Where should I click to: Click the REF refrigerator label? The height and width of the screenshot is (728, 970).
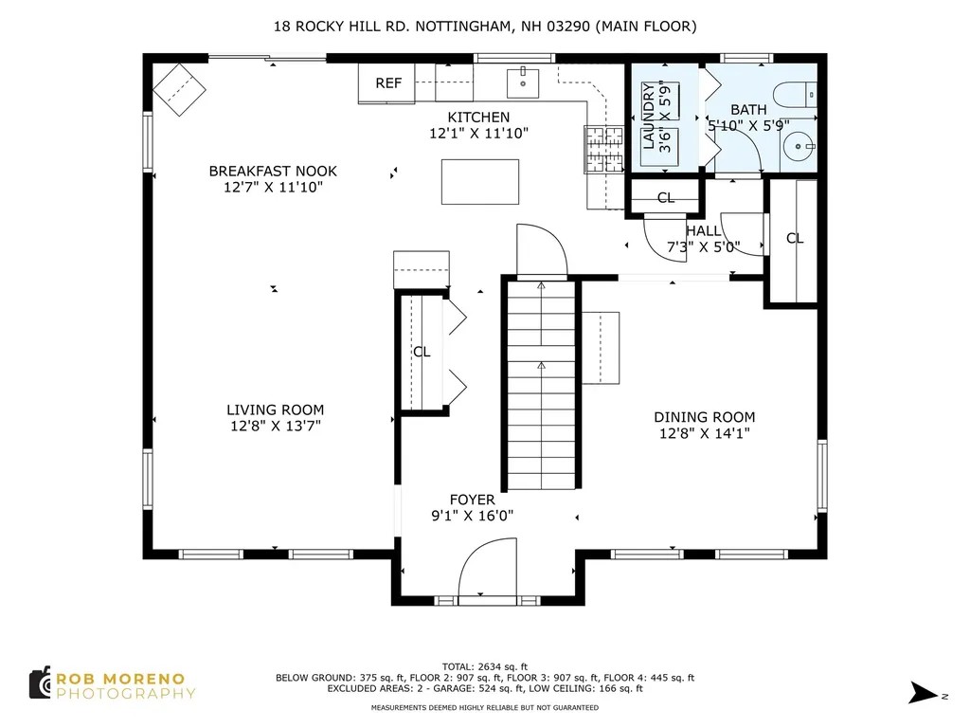(388, 83)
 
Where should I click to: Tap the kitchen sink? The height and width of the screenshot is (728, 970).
(523, 83)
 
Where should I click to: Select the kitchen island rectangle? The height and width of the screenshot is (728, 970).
(480, 181)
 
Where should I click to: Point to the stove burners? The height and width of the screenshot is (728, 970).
(603, 149)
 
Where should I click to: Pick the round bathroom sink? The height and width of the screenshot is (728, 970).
(798, 147)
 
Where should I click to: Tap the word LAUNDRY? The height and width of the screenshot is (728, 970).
(648, 117)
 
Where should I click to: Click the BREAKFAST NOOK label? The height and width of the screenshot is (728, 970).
(273, 171)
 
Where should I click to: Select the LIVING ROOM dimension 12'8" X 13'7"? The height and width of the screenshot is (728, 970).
(276, 426)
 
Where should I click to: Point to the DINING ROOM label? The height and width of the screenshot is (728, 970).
(704, 417)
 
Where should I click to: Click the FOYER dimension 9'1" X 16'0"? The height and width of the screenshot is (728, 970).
(472, 516)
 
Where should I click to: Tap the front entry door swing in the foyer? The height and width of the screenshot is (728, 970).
(488, 571)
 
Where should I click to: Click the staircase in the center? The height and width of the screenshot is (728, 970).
(541, 385)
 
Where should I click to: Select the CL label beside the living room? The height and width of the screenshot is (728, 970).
(422, 352)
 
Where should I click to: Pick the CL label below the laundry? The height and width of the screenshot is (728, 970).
(666, 197)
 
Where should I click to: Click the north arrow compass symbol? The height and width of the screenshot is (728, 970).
(923, 692)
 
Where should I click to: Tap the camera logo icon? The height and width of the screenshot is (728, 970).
(41, 683)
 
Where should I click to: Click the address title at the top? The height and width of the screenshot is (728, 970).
(485, 26)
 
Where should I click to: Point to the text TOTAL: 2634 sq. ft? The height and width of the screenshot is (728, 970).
(485, 666)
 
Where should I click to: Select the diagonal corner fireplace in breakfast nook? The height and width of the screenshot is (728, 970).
(179, 90)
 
